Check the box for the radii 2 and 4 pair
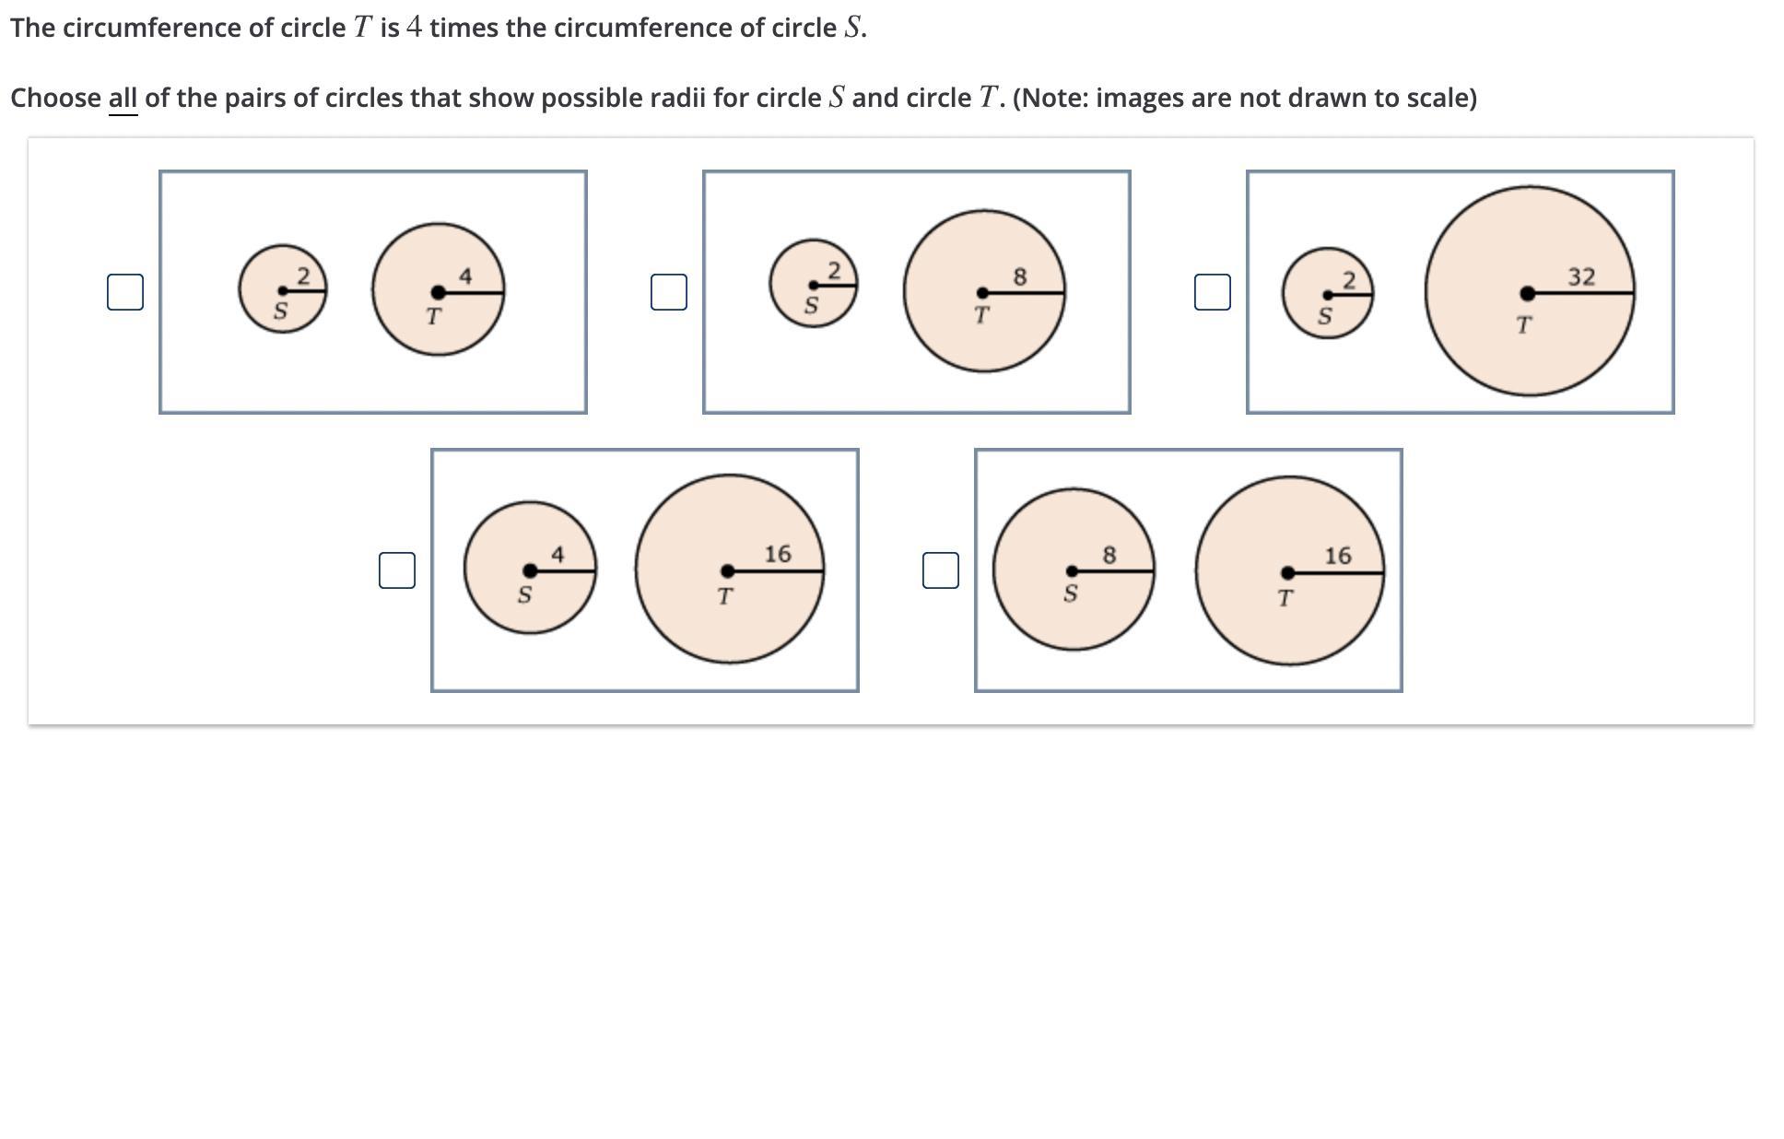(125, 292)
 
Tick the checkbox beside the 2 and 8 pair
(669, 292)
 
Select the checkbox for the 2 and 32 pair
(1213, 292)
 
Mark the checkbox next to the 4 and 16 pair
(397, 570)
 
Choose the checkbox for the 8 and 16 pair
(941, 570)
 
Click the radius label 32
(1581, 276)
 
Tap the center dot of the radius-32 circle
(1528, 293)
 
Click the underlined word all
(123, 98)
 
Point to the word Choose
(55, 98)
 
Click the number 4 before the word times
(414, 28)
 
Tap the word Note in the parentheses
(1052, 98)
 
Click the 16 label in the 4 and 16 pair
(777, 554)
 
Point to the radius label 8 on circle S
(1109, 555)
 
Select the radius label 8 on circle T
(1019, 276)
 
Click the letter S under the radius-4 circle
(524, 595)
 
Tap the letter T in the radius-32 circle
(1523, 325)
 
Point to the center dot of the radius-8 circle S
(1072, 571)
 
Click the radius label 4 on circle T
(465, 276)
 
